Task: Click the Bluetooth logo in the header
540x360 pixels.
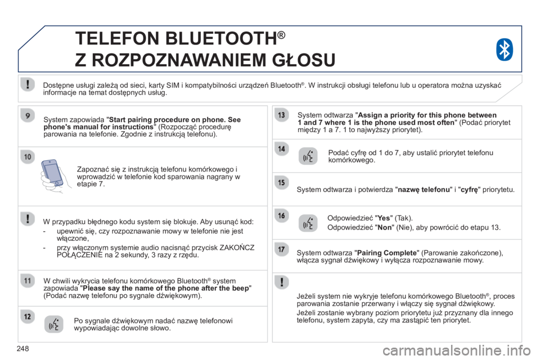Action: (x=505, y=49)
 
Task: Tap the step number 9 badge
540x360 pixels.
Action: (x=28, y=115)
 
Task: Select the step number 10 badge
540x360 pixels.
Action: (x=28, y=157)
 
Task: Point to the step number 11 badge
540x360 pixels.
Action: (x=28, y=281)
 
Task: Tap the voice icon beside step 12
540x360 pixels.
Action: (x=54, y=324)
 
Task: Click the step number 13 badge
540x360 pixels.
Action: (x=281, y=115)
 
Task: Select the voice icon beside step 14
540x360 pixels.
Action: (x=308, y=156)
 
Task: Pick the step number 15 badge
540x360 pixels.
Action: (x=281, y=182)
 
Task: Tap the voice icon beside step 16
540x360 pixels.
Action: (x=308, y=223)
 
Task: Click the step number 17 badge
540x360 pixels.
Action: (x=281, y=249)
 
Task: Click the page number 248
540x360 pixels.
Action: (x=22, y=349)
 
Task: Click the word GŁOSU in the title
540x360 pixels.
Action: (x=304, y=60)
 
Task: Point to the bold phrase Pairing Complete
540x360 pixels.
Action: (x=387, y=253)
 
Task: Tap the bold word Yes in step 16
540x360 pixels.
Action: (x=384, y=218)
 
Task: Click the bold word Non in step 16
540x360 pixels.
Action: (x=385, y=227)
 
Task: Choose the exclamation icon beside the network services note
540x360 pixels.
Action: (x=28, y=84)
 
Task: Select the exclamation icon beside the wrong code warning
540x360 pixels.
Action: (x=28, y=219)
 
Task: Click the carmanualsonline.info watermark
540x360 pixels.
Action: (x=456, y=350)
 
